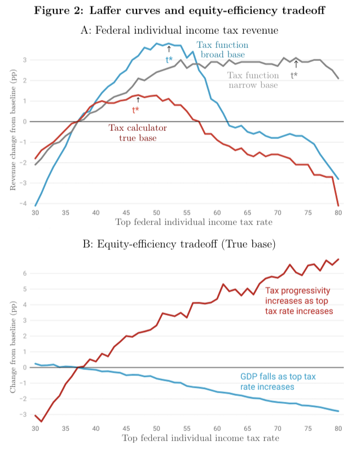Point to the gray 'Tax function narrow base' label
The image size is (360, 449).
tap(253, 80)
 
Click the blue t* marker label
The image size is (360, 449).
tap(169, 59)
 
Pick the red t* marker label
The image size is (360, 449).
tap(136, 110)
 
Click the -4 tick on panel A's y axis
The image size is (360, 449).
tap(24, 204)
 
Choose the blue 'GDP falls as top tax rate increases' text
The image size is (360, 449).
tap(278, 382)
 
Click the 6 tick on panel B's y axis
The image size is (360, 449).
tap(25, 274)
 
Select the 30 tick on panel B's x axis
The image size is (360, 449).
tap(35, 428)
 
